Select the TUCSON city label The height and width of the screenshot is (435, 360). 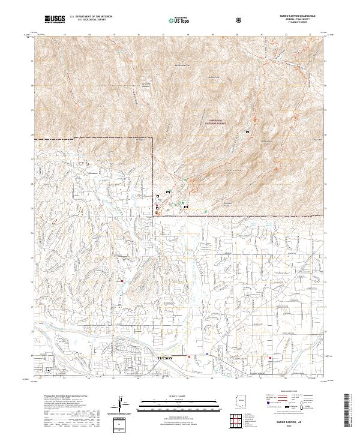click(x=165, y=358)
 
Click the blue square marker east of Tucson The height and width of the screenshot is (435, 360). click(x=207, y=354)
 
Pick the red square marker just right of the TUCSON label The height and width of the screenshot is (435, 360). click(x=190, y=356)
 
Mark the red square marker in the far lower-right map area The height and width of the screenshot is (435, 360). click(x=271, y=358)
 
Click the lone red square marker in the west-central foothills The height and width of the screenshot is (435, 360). click(x=122, y=280)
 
